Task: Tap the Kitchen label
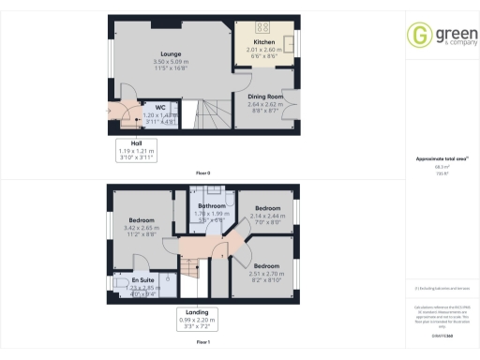(x=264, y=43)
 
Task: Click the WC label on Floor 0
(x=160, y=107)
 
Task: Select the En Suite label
(x=143, y=280)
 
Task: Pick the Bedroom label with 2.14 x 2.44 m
(x=268, y=208)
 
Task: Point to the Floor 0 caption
(x=202, y=173)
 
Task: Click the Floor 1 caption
(x=202, y=343)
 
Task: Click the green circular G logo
(x=418, y=36)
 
